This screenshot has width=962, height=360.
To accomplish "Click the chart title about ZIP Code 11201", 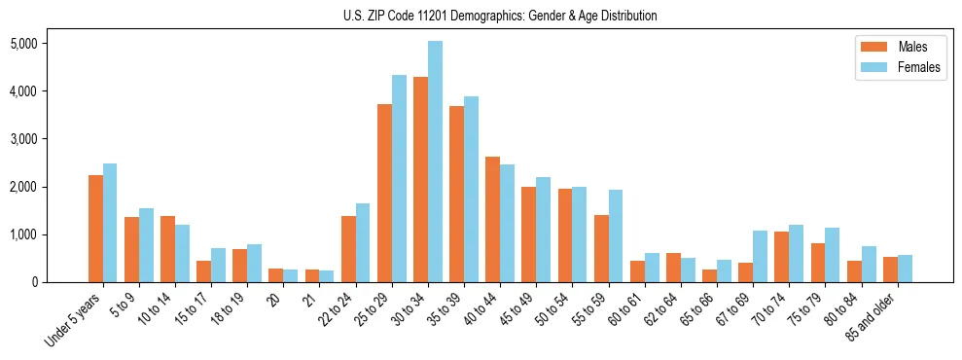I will click(500, 16).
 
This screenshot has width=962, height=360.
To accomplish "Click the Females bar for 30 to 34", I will click(435, 162).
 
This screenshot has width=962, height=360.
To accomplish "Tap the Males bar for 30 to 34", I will click(420, 179).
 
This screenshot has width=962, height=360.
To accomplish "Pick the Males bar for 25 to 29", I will click(384, 193).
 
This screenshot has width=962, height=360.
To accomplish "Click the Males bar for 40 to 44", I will click(492, 219).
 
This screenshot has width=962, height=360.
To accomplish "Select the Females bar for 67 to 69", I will click(761, 256).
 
